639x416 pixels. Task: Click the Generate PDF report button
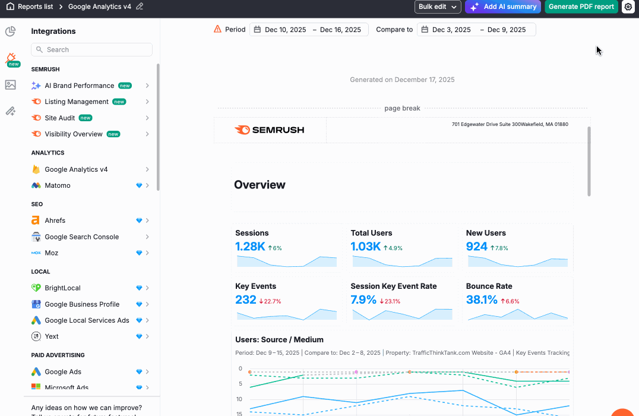tap(581, 7)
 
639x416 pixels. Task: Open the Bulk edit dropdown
tap(438, 7)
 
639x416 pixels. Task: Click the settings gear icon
tap(628, 7)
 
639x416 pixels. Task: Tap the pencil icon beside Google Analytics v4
tap(140, 7)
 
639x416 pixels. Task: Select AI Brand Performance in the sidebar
tap(79, 86)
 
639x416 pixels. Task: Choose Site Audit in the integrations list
tap(60, 118)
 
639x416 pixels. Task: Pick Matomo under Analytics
tap(58, 185)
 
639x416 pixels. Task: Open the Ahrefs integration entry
tap(55, 220)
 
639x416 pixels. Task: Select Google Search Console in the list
tap(81, 237)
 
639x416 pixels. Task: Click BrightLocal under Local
tap(62, 288)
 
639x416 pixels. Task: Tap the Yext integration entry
tap(52, 336)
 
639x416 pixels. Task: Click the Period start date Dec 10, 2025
tap(286, 30)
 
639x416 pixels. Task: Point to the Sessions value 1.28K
tap(250, 247)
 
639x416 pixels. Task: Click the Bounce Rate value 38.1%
tap(482, 300)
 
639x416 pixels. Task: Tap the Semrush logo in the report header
tap(270, 130)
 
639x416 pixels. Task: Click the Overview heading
tap(260, 185)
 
